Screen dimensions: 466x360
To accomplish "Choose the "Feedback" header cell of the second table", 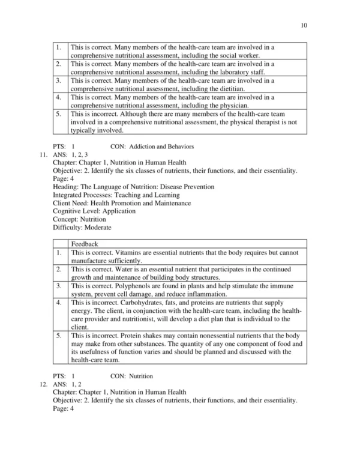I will pyautogui.click(x=83, y=244).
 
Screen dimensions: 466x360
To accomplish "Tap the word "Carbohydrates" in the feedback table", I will pyautogui.click(x=133, y=304).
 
